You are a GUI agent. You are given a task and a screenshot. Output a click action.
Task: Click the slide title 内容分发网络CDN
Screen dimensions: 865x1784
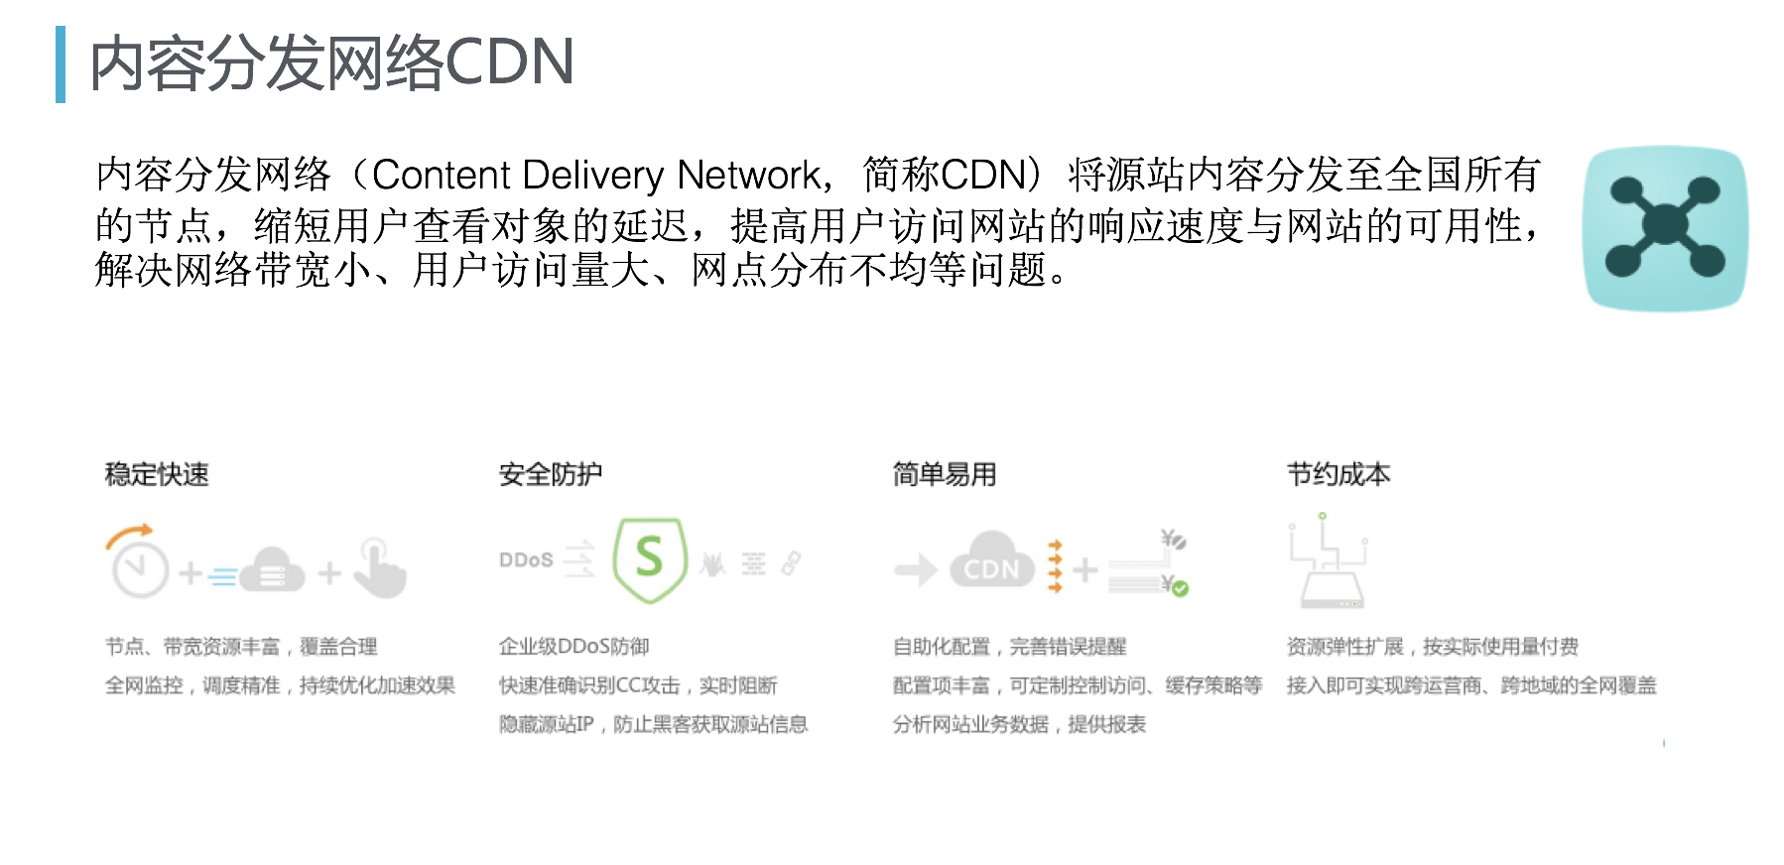click(x=331, y=63)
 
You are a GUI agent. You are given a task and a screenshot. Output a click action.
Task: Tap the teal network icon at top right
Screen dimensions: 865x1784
click(x=1665, y=228)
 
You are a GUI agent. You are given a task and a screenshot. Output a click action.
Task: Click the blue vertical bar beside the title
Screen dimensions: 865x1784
click(x=61, y=64)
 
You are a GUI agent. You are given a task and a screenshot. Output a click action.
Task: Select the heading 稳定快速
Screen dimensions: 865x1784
click(x=157, y=475)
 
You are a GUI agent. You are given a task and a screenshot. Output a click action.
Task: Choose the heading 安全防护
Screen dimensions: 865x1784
click(x=551, y=475)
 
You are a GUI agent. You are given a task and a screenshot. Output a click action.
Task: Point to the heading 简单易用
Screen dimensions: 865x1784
click(x=945, y=475)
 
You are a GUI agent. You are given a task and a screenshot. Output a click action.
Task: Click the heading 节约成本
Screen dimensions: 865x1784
click(x=1338, y=475)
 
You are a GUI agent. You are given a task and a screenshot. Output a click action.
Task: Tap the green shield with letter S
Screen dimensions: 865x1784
click(x=650, y=558)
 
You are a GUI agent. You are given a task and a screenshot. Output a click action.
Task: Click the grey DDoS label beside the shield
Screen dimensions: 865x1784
click(x=526, y=560)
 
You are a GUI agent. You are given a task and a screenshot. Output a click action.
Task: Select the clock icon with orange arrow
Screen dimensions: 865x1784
click(x=139, y=564)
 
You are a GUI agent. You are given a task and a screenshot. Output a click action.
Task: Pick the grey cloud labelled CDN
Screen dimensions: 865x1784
click(x=991, y=562)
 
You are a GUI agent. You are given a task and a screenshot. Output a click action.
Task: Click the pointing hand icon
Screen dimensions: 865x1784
click(x=381, y=569)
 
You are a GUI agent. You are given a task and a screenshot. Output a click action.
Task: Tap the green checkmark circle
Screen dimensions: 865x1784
click(x=1180, y=588)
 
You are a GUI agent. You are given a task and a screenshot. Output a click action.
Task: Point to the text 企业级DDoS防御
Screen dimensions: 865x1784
click(x=574, y=647)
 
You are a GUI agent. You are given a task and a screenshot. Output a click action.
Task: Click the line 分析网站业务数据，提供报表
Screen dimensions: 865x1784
click(x=1019, y=724)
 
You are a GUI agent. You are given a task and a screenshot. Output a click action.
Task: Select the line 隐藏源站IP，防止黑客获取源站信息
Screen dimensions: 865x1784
click(x=653, y=724)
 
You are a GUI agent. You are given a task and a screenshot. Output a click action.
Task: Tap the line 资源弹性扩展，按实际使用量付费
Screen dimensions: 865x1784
click(x=1432, y=647)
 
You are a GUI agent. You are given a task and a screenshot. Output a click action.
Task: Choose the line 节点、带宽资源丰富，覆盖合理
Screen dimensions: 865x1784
click(x=241, y=647)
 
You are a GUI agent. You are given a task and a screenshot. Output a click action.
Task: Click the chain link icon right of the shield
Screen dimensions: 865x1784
click(x=791, y=563)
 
